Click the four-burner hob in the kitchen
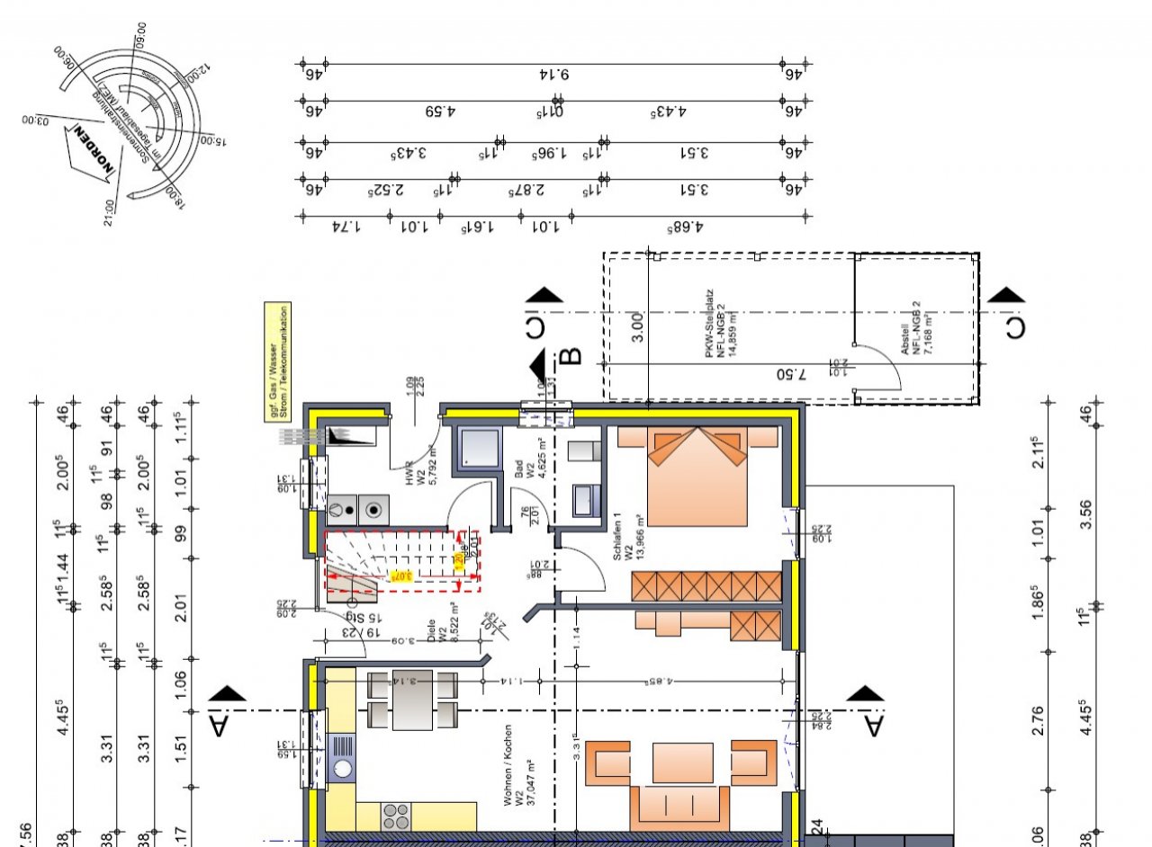pyautogui.click(x=395, y=816)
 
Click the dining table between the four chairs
pyautogui.click(x=412, y=700)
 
